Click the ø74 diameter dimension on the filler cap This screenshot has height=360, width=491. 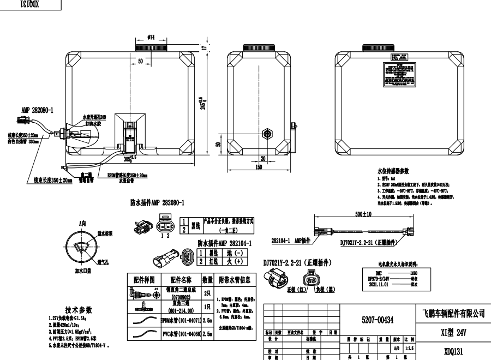point(151,37)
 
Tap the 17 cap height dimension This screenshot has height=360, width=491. point(204,47)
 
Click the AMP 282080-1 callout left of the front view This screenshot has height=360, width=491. point(37,110)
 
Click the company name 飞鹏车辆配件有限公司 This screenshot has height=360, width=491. point(454,314)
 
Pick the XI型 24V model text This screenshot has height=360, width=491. point(454,331)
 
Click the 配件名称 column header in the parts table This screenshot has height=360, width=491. point(180,279)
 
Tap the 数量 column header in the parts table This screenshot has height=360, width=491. point(207,279)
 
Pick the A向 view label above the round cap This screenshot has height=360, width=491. point(82,223)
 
